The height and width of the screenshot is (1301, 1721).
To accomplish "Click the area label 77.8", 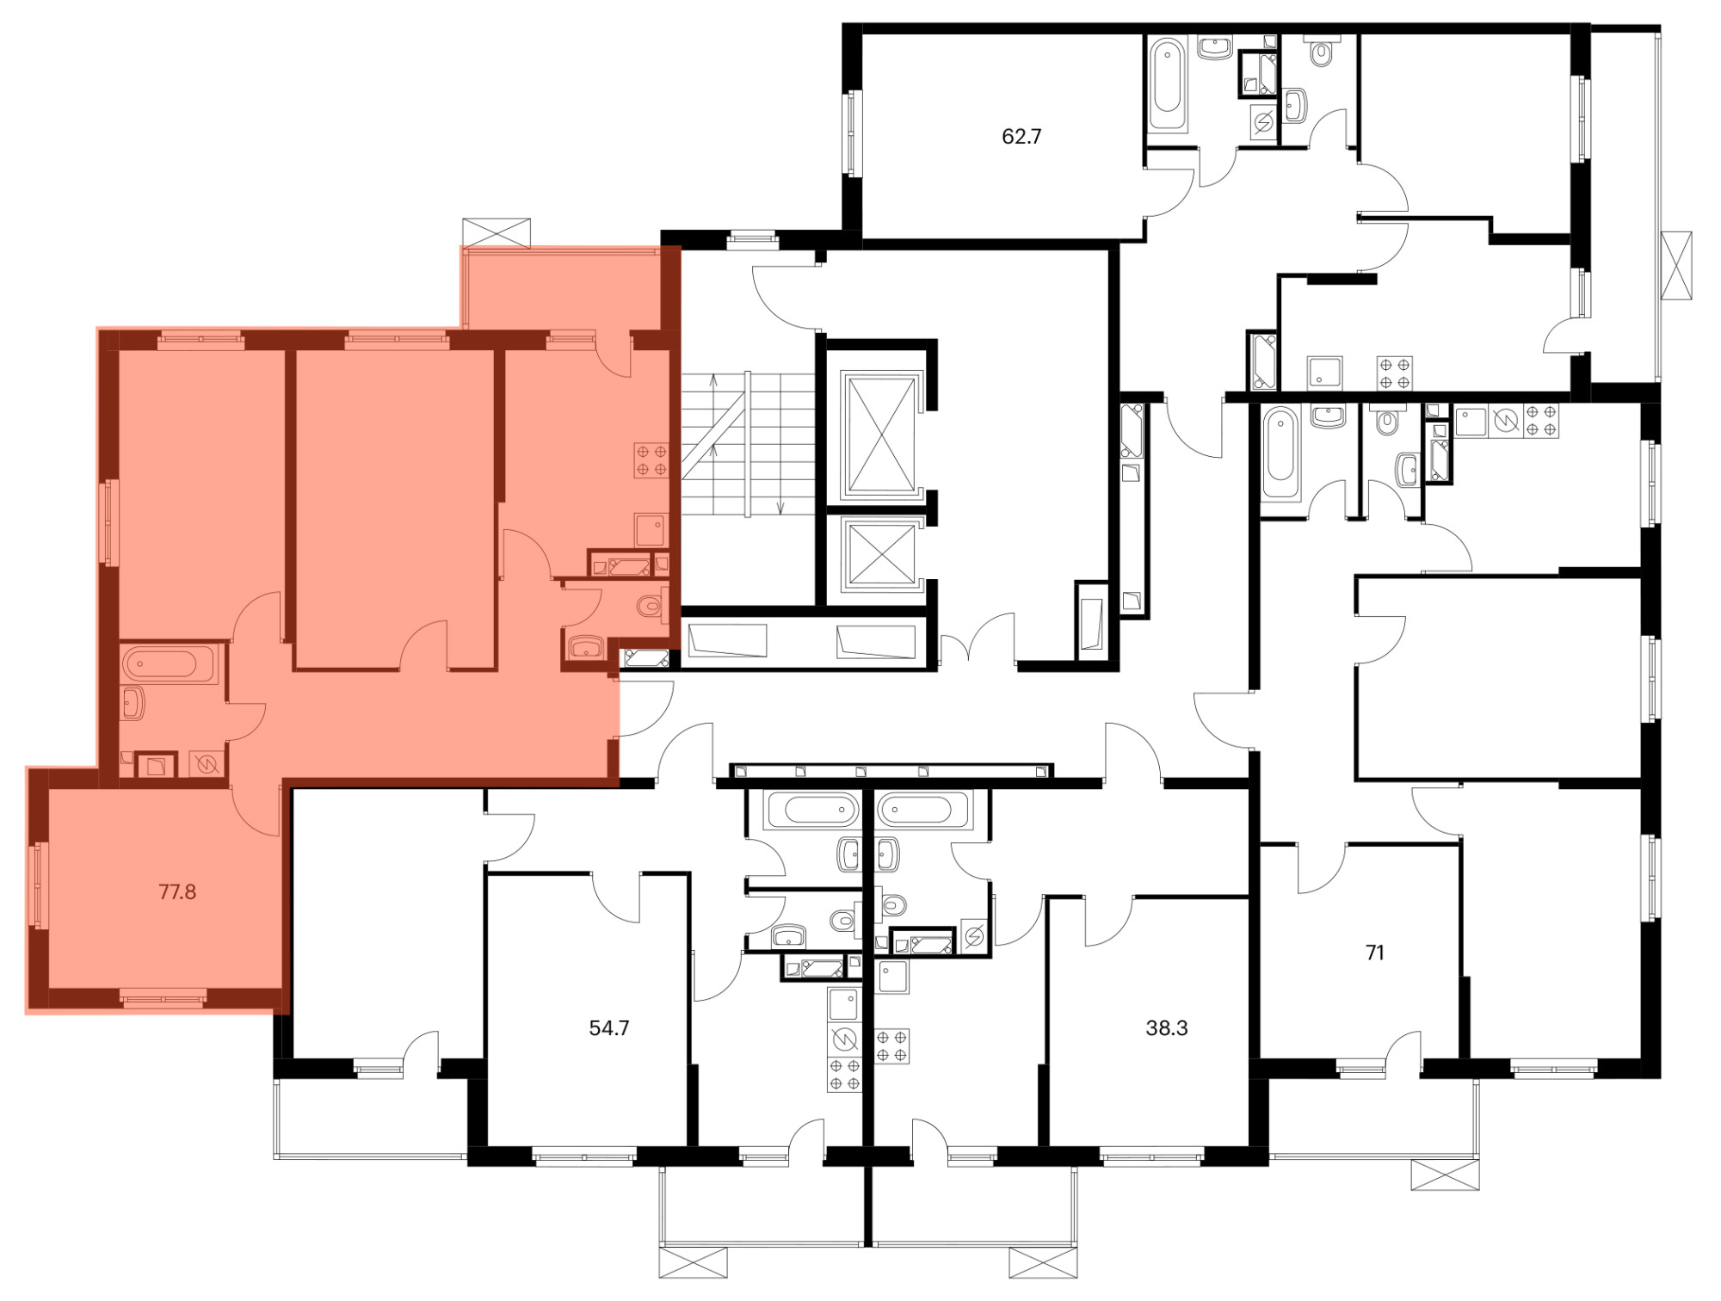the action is click(177, 891).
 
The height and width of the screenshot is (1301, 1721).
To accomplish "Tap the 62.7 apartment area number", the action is click(1021, 136).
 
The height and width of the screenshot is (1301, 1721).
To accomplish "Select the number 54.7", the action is click(609, 1027).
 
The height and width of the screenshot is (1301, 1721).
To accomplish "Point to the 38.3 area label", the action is click(1167, 1027).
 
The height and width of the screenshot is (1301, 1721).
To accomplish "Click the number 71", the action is click(1375, 953).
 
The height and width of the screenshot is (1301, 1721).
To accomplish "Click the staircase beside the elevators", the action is click(748, 444).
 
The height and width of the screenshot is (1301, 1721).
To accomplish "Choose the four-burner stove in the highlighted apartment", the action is click(651, 459).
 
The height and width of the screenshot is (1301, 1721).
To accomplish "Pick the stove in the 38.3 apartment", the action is click(892, 1046).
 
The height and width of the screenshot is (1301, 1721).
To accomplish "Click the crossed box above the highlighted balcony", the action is click(497, 233).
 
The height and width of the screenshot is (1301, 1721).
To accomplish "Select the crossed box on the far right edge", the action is click(1676, 265).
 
